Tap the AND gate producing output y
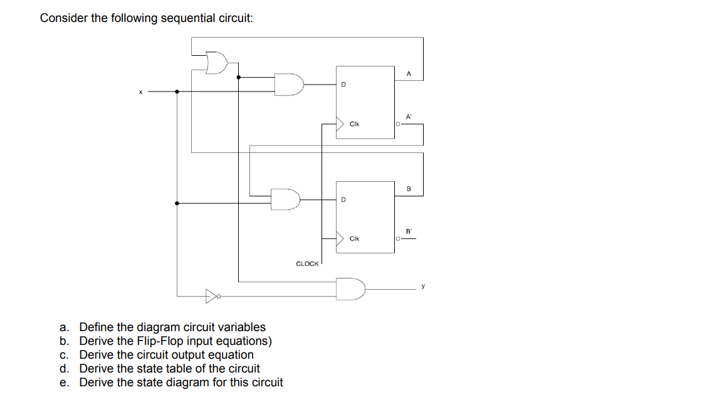tap(350, 288)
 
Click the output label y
tap(423, 286)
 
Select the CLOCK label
tap(307, 264)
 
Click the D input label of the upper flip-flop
tap(343, 84)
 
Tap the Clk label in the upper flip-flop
tap(354, 124)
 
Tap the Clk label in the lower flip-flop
tap(354, 238)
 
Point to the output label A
tap(409, 73)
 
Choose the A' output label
tap(409, 117)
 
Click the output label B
tap(409, 189)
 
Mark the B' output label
tap(409, 231)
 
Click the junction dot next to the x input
tap(177, 92)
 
